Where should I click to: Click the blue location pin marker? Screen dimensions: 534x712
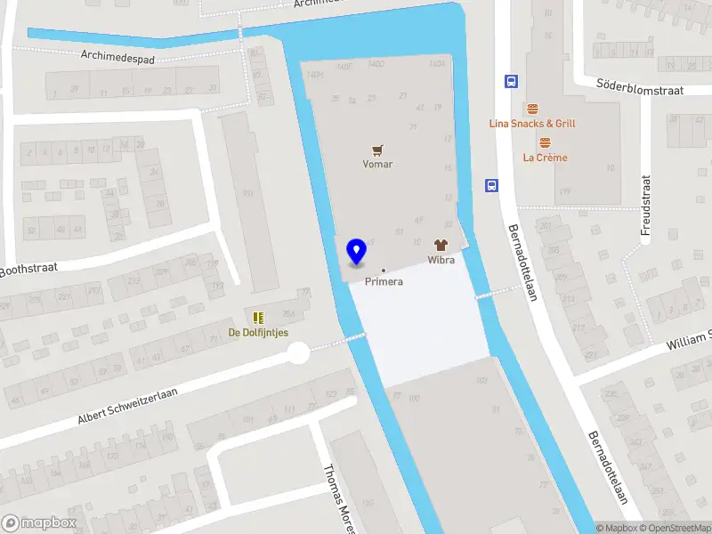point(356,252)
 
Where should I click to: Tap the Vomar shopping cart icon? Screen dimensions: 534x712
point(377,150)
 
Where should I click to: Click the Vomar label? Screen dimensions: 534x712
point(377,164)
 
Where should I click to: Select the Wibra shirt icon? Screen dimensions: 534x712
point(440,245)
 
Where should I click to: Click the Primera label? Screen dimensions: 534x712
point(384,281)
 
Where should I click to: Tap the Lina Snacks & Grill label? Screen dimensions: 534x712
point(532,124)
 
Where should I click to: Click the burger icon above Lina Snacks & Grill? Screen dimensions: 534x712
point(532,109)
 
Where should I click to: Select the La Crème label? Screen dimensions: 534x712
point(545,158)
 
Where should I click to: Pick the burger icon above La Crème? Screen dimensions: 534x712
point(545,142)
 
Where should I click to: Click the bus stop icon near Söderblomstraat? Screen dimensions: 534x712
point(512,81)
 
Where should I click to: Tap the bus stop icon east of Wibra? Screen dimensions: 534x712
point(491,185)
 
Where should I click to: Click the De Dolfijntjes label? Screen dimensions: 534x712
point(258,333)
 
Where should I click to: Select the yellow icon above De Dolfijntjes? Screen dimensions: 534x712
point(258,318)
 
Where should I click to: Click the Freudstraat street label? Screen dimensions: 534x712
point(646,205)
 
